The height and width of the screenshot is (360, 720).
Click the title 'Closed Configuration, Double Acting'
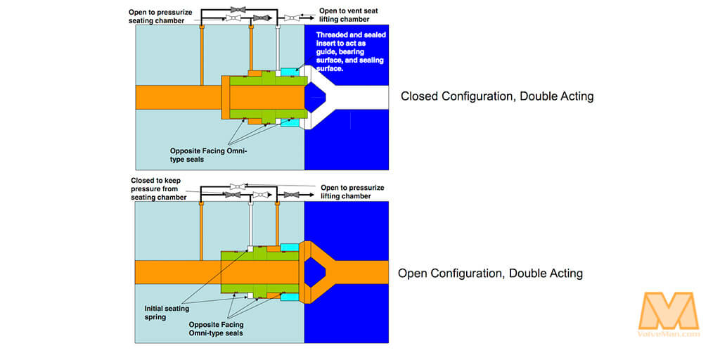tap(496, 96)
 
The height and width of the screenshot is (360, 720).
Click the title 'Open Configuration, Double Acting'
tap(490, 273)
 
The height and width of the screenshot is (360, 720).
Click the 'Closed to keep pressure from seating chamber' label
tap(159, 189)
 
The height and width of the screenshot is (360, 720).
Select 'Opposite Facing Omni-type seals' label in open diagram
tap(216, 328)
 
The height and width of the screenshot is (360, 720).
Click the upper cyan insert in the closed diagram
tap(288, 72)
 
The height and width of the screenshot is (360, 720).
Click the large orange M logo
tap(668, 310)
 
